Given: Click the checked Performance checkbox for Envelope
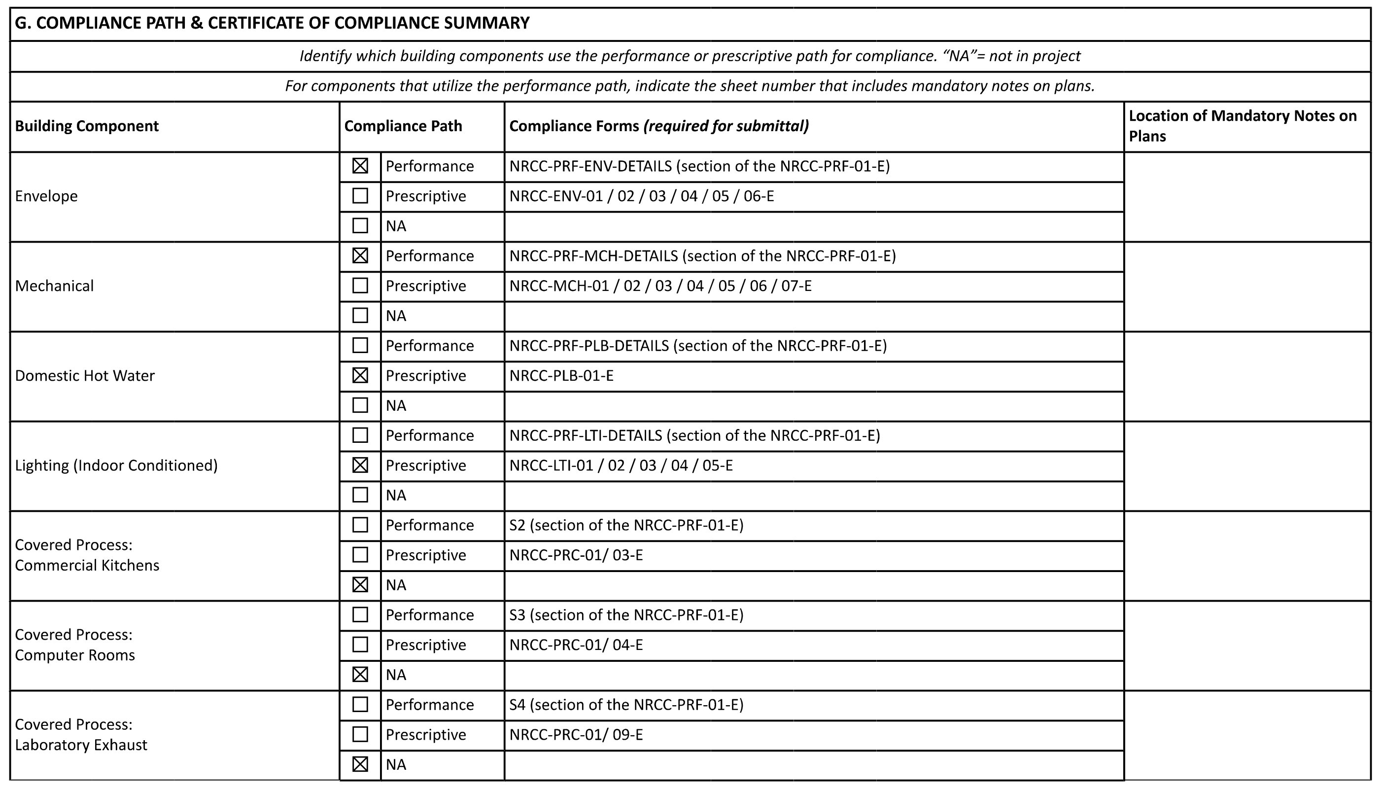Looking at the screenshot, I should (360, 166).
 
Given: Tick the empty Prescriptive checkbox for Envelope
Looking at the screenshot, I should (360, 196).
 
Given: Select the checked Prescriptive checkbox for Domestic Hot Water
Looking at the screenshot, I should (360, 375).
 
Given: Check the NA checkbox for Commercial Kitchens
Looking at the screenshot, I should (360, 584).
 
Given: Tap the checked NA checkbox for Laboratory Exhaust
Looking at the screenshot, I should (360, 764).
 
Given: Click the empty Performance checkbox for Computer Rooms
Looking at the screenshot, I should (360, 614).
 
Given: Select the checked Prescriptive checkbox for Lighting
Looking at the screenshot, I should (360, 465).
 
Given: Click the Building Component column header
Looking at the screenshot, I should (87, 126).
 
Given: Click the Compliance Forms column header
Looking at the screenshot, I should (658, 126).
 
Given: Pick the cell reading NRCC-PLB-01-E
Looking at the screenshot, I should (561, 376).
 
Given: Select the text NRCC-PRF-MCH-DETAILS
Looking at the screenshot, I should (593, 256).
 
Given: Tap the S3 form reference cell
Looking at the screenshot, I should (626, 615).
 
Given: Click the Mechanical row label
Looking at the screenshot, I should (54, 286).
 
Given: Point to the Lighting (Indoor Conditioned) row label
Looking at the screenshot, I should (116, 466).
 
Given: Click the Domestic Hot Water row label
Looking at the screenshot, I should (85, 376).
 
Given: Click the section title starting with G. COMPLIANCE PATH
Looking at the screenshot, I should (272, 23).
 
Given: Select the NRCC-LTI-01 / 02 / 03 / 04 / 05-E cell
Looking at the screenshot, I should (621, 466).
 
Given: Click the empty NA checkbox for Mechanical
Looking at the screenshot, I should (360, 316).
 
